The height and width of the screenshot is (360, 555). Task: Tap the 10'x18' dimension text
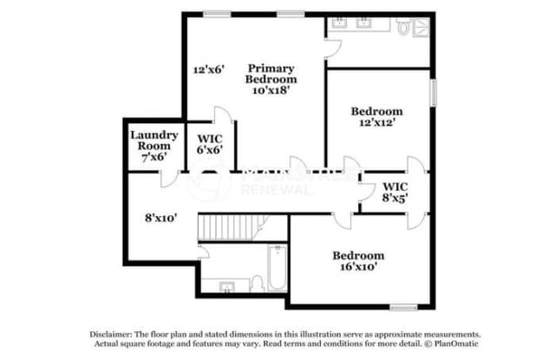271,88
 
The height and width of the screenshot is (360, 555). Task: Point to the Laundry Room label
154,140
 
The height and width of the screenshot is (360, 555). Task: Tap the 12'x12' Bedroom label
376,117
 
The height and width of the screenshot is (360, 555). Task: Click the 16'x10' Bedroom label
358,261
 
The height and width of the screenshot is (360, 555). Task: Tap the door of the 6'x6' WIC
223,119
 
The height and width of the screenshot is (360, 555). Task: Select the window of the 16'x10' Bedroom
403,306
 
